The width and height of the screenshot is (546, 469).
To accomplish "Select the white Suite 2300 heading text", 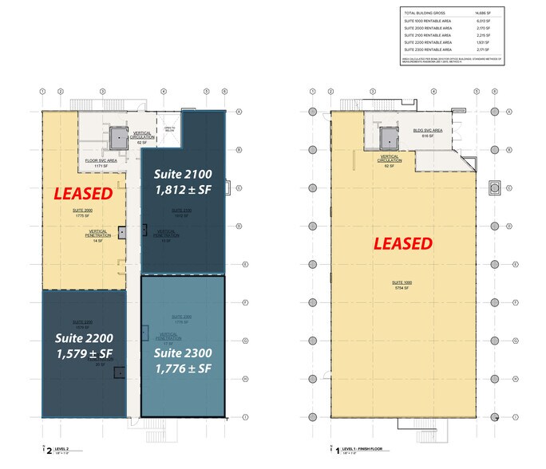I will click(x=183, y=353).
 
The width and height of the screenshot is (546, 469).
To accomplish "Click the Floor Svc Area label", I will click(x=101, y=163).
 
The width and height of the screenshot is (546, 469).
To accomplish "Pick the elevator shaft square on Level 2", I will click(x=118, y=137).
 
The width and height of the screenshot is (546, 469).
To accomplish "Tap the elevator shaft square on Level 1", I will click(x=390, y=137).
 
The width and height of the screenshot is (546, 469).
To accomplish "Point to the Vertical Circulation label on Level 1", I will click(x=390, y=160).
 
